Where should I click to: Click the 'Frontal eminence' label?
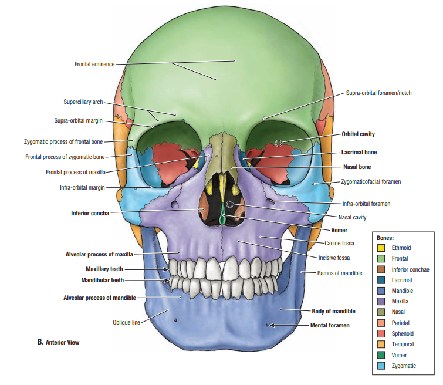(94, 64)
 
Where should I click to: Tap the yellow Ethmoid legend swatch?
(381, 248)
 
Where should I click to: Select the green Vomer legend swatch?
(381, 355)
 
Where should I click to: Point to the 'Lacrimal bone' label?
(359, 152)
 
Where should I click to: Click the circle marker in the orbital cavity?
(279, 143)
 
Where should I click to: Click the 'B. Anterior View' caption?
(58, 342)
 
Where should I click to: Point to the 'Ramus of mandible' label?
(340, 273)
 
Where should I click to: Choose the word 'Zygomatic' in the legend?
(404, 366)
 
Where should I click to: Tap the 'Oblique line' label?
(126, 322)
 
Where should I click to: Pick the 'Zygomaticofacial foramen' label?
(371, 182)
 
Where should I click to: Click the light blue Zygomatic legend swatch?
(381, 366)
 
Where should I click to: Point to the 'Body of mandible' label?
(333, 311)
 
